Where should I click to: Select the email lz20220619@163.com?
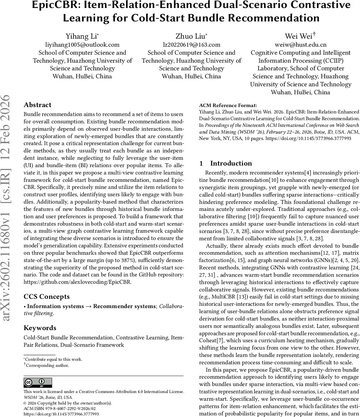click(191, 44)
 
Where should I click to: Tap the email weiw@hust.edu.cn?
click(301, 44)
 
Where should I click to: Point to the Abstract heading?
click(37, 105)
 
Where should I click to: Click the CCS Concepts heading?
click(47, 296)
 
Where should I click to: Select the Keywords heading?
click(40, 328)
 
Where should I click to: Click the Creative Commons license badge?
click(37, 383)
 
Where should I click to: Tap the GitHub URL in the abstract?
click(77, 282)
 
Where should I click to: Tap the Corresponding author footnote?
click(47, 365)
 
